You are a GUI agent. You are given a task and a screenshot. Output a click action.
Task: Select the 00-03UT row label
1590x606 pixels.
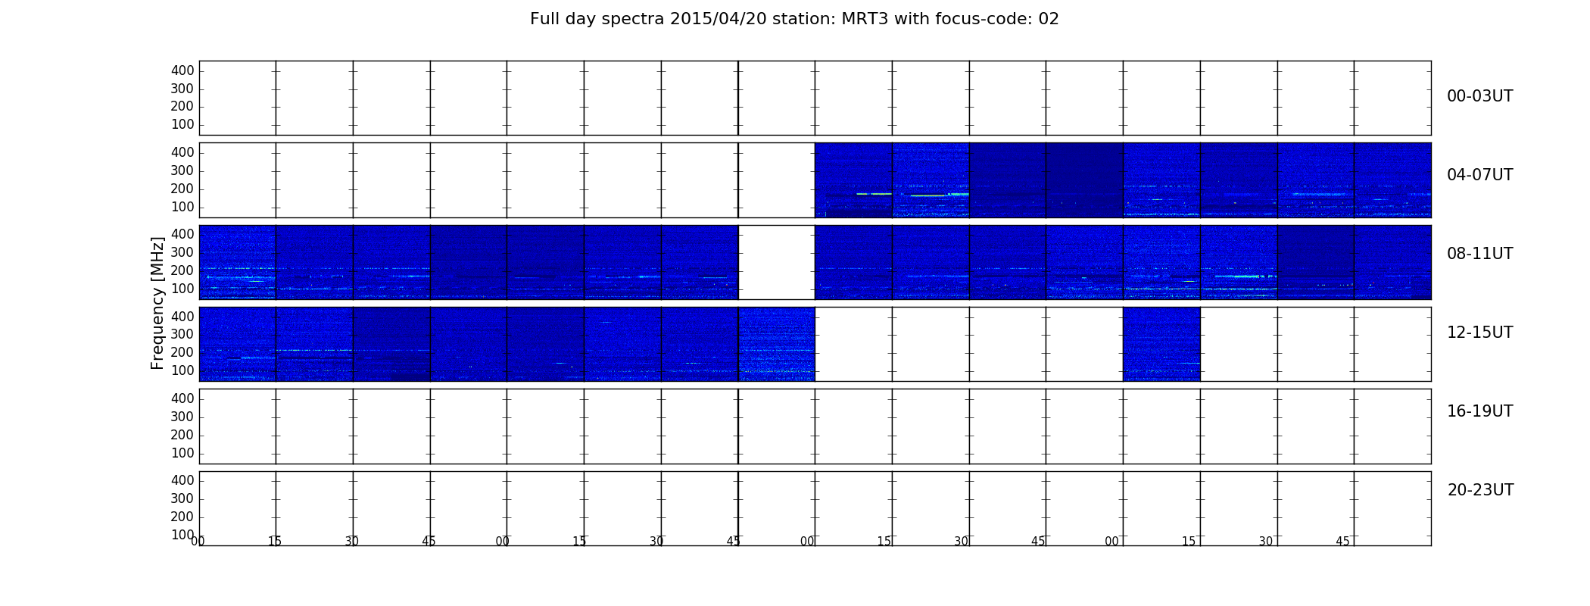(1479, 96)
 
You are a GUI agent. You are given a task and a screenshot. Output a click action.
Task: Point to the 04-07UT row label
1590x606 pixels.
(1479, 175)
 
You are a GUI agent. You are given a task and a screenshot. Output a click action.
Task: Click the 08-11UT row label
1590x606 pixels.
(1479, 254)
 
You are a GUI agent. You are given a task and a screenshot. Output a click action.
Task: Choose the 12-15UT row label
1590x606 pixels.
(1479, 333)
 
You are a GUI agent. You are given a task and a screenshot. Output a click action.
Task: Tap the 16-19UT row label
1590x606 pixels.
(1479, 411)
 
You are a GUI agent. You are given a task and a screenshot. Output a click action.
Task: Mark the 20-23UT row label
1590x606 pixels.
(1480, 490)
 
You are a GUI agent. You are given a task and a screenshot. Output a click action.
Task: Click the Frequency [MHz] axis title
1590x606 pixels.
(157, 303)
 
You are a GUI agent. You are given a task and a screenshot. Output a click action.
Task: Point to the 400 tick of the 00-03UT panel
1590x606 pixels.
(182, 70)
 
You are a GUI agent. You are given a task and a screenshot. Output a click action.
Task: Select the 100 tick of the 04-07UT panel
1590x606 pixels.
(182, 207)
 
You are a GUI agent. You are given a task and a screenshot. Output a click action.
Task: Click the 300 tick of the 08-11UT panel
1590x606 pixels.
(182, 252)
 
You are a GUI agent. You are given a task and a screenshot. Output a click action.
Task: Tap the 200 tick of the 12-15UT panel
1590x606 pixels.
(182, 352)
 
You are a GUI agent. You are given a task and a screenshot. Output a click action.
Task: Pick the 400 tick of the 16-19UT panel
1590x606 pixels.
(182, 398)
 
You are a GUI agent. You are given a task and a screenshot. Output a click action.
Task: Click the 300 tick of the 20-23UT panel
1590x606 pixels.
(182, 498)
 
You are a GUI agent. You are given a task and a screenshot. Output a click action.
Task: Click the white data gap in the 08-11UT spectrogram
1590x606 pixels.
(776, 262)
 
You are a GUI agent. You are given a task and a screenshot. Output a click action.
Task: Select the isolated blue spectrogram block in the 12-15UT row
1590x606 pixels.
(1161, 344)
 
